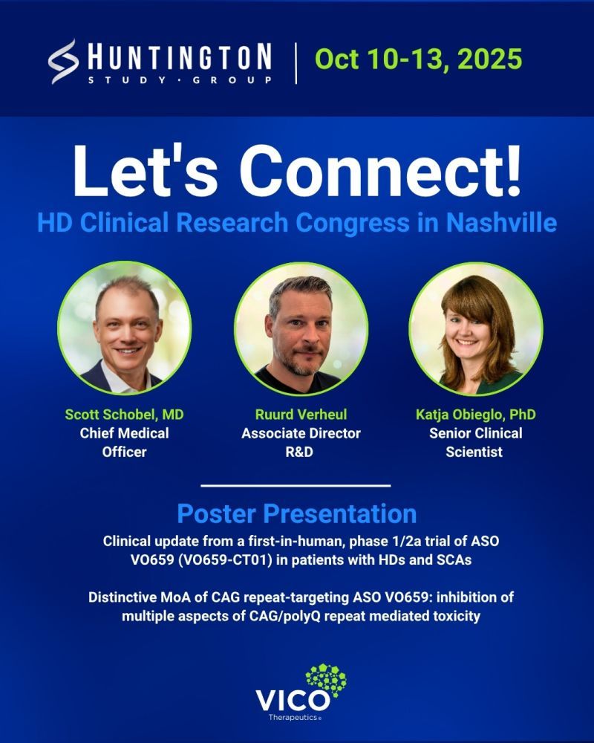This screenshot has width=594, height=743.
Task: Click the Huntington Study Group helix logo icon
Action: pyautogui.click(x=63, y=62)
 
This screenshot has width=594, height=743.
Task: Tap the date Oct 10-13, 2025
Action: pyautogui.click(x=418, y=59)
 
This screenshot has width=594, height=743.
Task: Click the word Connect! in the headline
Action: pyautogui.click(x=379, y=171)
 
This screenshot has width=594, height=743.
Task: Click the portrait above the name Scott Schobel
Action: pyautogui.click(x=125, y=328)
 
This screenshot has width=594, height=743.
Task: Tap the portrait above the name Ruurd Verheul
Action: pyautogui.click(x=301, y=329)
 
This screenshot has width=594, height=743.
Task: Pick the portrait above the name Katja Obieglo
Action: pyautogui.click(x=476, y=329)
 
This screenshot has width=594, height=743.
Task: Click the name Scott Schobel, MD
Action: pyautogui.click(x=124, y=415)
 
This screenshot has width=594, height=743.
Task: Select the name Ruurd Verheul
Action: pyautogui.click(x=301, y=415)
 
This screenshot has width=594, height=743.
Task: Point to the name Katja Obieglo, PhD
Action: pyautogui.click(x=476, y=415)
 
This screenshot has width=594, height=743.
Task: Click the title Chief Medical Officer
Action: pyautogui.click(x=124, y=443)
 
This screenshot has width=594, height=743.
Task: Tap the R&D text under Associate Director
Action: pyautogui.click(x=299, y=452)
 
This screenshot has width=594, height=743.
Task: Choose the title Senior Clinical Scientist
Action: pyautogui.click(x=476, y=443)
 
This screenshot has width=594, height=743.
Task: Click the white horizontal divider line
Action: pyautogui.click(x=296, y=486)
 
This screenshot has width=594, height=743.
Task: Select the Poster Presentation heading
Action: pyautogui.click(x=297, y=513)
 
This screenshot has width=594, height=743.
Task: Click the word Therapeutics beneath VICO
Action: pyautogui.click(x=293, y=718)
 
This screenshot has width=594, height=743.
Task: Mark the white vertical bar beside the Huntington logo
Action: pyautogui.click(x=296, y=63)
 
